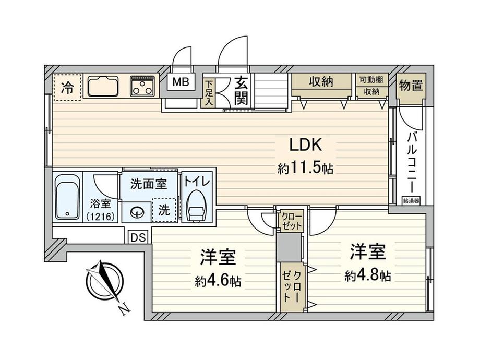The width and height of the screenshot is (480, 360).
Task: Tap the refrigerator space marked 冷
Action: click(67, 87)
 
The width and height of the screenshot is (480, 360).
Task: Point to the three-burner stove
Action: click(142, 86)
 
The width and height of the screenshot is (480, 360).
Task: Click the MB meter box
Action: click(182, 83)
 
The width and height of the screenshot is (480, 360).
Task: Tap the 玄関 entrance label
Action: click(241, 91)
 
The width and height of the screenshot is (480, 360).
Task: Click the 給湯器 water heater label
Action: click(410, 200)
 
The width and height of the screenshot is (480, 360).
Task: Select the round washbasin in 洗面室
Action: click(137, 212)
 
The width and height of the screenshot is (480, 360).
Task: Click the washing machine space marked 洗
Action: click(164, 211)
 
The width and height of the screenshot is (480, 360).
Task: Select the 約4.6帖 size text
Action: click(218, 282)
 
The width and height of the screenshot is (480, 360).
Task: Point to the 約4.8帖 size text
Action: click(367, 275)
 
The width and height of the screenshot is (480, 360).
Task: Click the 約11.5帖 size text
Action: click(305, 169)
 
